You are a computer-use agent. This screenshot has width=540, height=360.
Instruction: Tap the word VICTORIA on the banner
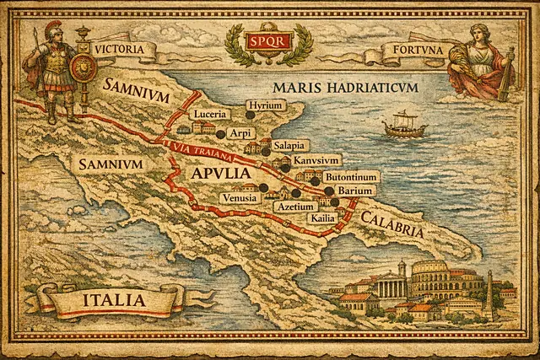[x=124, y=50]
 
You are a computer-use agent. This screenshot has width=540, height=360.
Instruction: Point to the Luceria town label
[x=211, y=114]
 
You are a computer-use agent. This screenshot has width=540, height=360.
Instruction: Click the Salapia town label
[x=281, y=145]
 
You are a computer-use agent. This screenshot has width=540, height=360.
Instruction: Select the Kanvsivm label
[x=317, y=160]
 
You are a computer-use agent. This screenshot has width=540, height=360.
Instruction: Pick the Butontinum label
[x=353, y=176]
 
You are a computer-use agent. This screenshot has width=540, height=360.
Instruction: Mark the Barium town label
[x=355, y=191]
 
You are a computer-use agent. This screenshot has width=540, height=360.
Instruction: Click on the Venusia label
[x=240, y=198]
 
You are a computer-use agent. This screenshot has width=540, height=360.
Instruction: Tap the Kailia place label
[x=322, y=218]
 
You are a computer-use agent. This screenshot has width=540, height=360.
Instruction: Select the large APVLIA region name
[x=221, y=174]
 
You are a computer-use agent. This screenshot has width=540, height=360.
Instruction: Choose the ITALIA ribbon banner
[x=111, y=300]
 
